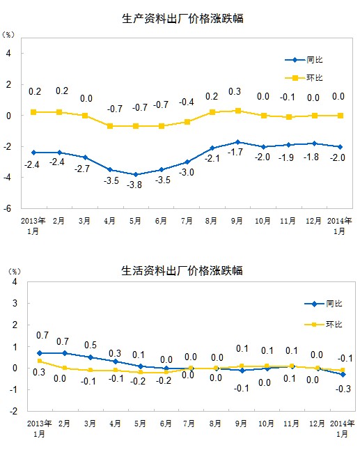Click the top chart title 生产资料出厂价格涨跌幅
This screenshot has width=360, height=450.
(x=182, y=19)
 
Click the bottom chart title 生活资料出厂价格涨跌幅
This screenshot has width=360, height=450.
(x=182, y=271)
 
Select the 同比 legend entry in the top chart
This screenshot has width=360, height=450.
(x=304, y=60)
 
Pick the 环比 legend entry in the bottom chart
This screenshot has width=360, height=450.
(x=323, y=325)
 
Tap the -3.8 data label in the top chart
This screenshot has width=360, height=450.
(x=134, y=185)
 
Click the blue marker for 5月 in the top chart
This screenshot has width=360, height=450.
(x=136, y=174)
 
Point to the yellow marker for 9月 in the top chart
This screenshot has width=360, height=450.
(x=238, y=111)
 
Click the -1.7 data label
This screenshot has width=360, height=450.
(x=235, y=152)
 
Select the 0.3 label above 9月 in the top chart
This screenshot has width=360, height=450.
(x=235, y=91)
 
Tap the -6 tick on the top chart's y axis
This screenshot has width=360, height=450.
(x=8, y=209)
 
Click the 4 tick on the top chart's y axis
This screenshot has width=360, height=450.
(x=8, y=54)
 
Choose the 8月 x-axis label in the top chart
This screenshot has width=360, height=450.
(x=211, y=221)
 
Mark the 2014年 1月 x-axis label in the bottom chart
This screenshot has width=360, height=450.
(x=342, y=428)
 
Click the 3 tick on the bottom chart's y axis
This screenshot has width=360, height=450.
(x=15, y=303)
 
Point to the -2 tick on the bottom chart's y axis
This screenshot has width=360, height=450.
(x=14, y=411)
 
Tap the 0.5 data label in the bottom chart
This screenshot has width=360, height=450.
(x=91, y=345)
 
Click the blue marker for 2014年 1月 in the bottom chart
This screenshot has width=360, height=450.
(x=343, y=375)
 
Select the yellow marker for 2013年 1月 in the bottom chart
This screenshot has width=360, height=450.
(x=40, y=361)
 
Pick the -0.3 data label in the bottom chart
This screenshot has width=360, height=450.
(x=343, y=389)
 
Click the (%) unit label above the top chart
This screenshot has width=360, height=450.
(x=8, y=34)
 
